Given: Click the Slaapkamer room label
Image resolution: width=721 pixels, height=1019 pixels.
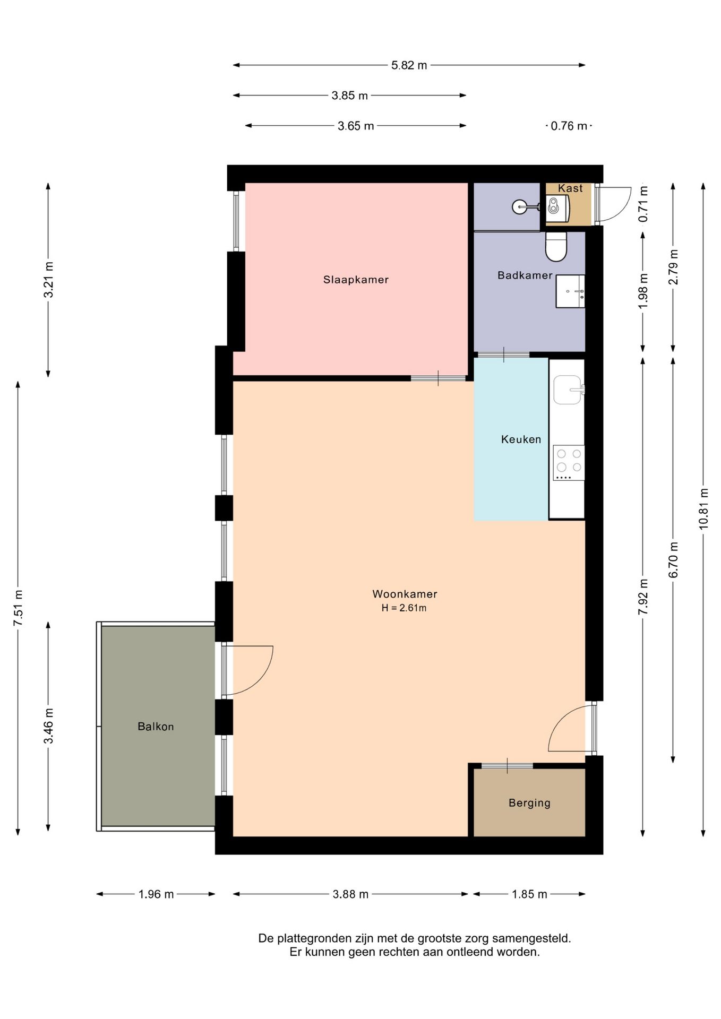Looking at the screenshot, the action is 356,280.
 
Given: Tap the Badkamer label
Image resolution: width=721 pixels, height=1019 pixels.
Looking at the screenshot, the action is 525,275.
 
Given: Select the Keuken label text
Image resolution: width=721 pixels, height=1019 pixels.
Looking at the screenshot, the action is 521,439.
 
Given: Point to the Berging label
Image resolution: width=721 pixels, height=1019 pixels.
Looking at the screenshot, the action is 529,803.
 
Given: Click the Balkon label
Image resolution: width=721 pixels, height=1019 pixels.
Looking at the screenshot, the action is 156,727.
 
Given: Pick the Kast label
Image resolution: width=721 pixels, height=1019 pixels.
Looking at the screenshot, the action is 570,188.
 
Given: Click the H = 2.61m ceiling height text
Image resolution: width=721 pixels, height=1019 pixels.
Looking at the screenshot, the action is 404,608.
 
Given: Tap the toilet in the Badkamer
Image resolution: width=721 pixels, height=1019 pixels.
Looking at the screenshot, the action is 556,247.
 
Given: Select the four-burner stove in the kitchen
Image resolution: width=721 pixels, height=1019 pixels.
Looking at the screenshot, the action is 569,463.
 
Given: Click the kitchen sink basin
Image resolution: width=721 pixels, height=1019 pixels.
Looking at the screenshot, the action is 567,390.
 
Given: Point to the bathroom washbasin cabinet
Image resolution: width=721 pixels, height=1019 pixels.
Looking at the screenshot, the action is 570,291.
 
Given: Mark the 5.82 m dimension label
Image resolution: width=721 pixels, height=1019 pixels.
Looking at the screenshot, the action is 409,65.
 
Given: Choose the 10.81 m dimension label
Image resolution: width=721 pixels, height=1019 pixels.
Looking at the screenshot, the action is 703,508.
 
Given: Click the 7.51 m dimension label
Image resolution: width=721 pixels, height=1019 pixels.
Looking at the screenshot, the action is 18,608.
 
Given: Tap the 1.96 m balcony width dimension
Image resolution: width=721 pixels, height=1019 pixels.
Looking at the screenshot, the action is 156,894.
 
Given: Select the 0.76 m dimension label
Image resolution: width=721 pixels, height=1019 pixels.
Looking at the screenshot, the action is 569,126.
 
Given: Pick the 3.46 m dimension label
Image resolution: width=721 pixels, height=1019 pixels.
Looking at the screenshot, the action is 48,726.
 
